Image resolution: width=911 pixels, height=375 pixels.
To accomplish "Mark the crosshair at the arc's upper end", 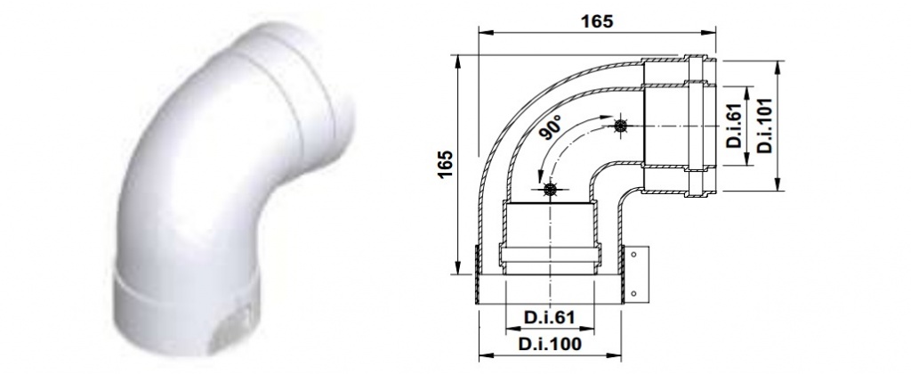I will [x=620, y=126].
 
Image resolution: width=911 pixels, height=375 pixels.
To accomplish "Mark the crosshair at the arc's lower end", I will [x=552, y=189].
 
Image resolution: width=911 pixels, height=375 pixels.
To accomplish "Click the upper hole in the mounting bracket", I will [x=633, y=255].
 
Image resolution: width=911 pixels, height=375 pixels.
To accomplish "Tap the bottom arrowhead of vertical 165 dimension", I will [x=457, y=271].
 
